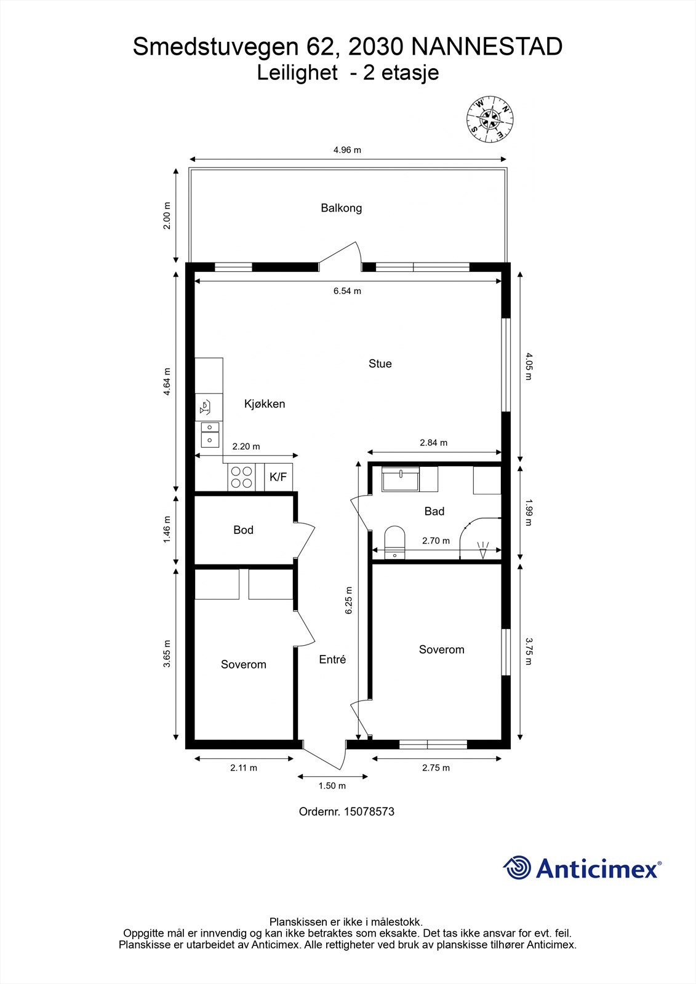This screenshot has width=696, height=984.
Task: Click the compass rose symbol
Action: pyautogui.click(x=490, y=119)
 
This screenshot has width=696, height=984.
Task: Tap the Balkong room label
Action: pyautogui.click(x=341, y=208)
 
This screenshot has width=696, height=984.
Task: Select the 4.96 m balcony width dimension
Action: pyautogui.click(x=347, y=150)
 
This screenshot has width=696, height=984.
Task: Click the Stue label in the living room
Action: pyautogui.click(x=380, y=363)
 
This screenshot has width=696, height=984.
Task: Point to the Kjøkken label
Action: pyautogui.click(x=265, y=403)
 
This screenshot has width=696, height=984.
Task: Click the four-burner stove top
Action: pyautogui.click(x=241, y=477)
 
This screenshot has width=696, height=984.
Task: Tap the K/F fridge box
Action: pyautogui.click(x=278, y=477)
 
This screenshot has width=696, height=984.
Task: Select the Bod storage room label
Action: pyautogui.click(x=243, y=530)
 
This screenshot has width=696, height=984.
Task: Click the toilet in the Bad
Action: pyautogui.click(x=395, y=542)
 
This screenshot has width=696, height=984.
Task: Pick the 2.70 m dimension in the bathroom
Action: pyautogui.click(x=436, y=541)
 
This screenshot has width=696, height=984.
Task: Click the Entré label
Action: pyautogui.click(x=332, y=659)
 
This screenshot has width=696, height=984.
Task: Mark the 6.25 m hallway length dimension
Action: pyautogui.click(x=349, y=600)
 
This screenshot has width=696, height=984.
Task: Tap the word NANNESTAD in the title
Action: pyautogui.click(x=487, y=47)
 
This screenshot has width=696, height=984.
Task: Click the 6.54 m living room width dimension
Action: pyautogui.click(x=347, y=291)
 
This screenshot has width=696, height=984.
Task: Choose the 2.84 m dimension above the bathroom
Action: pyautogui.click(x=433, y=443)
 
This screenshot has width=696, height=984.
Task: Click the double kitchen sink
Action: pyautogui.click(x=210, y=434)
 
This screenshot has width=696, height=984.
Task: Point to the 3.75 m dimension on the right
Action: pyautogui.click(x=529, y=651)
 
